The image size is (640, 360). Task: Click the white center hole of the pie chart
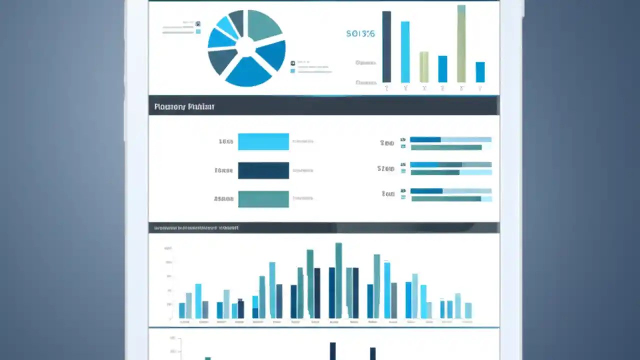click(245, 47)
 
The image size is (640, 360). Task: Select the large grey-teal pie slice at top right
click(263, 24)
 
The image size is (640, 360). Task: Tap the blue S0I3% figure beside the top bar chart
click(360, 34)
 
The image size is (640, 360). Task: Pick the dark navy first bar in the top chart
click(386, 47)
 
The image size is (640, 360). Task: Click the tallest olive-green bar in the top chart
click(461, 45)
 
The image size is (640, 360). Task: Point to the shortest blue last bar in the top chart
click(480, 72)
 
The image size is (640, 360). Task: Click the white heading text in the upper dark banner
click(184, 106)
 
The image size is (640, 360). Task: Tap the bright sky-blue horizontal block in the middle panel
click(263, 141)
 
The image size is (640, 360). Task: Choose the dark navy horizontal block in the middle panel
click(263, 170)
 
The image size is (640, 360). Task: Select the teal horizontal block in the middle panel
click(263, 199)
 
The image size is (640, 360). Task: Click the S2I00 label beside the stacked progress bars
click(385, 169)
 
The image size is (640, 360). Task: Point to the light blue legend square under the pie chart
click(292, 71)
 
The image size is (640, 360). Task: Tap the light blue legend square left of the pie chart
click(198, 31)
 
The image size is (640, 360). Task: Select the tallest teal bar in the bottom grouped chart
click(338, 280)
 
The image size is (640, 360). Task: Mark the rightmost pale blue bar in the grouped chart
click(468, 310)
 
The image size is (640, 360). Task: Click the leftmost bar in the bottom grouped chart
click(182, 310)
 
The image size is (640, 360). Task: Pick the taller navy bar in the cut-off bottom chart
click(332, 351)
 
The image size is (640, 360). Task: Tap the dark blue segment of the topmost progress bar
click(425, 140)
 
